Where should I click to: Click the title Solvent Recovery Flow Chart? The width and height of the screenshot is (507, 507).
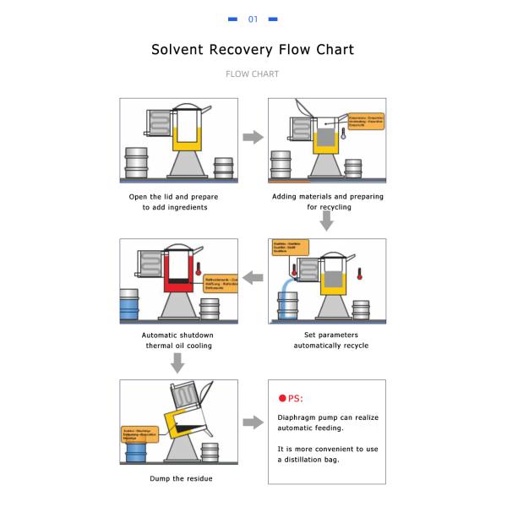(x=253, y=50)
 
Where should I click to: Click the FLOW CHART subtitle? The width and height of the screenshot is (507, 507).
(x=253, y=74)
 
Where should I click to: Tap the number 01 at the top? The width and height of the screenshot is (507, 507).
(x=253, y=19)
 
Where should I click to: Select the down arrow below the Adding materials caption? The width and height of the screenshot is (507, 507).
(x=327, y=221)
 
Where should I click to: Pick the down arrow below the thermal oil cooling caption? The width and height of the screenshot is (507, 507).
(x=177, y=363)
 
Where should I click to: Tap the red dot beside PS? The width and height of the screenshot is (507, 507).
(x=281, y=399)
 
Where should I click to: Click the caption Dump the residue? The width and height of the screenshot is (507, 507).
(x=181, y=478)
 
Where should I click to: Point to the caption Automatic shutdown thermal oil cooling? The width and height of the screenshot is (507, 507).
(x=177, y=340)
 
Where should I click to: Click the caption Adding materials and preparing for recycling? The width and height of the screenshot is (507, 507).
(x=327, y=201)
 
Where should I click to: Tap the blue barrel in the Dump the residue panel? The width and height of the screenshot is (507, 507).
(x=134, y=452)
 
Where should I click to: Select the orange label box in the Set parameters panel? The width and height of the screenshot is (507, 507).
(x=290, y=247)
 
